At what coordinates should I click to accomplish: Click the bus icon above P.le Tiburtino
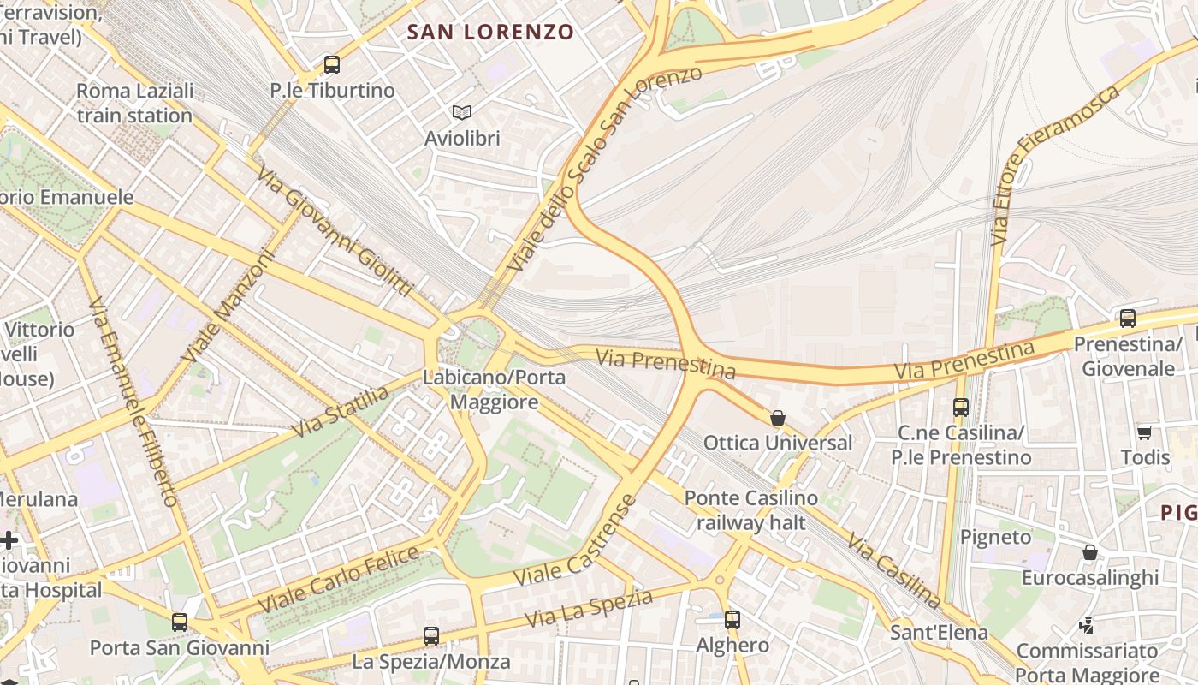[331, 64]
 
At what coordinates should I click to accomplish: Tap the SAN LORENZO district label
[490, 33]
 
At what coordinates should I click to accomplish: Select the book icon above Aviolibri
[462, 112]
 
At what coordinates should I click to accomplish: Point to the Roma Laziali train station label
[134, 103]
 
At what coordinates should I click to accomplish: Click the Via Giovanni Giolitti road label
[335, 231]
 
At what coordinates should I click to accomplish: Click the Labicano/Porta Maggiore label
[494, 390]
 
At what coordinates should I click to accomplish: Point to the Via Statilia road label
[341, 412]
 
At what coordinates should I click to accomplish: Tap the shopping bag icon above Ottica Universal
[778, 418]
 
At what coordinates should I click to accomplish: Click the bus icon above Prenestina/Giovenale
[1128, 319]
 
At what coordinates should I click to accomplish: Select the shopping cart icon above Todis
[1145, 432]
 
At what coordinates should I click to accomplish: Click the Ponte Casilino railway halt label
[750, 510]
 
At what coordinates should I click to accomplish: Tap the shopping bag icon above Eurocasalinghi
[1090, 552]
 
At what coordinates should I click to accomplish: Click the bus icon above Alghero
[732, 619]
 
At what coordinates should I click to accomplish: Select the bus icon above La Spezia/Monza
[431, 636]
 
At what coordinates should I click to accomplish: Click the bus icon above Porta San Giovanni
[180, 622]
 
